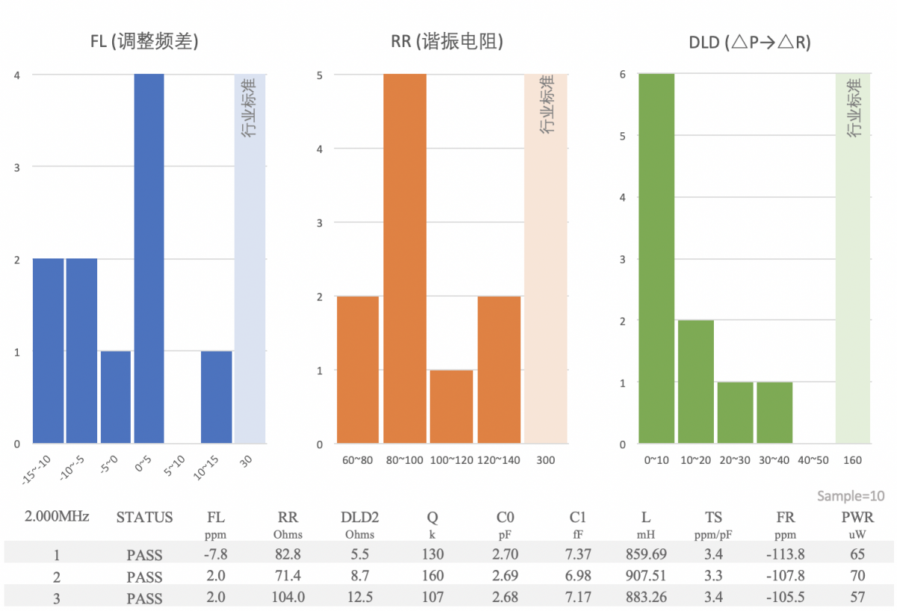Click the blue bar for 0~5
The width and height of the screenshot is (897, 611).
[x=149, y=258]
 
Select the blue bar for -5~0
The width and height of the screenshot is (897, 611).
[x=116, y=397]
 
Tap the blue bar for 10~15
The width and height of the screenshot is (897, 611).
[x=216, y=397]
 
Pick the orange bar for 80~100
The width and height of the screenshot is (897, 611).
[x=404, y=258]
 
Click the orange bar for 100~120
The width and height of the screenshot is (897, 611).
[x=451, y=406]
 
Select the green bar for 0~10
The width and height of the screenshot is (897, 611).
[x=656, y=258]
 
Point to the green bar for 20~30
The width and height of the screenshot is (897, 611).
[x=735, y=413]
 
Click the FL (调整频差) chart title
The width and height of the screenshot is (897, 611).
[x=144, y=42]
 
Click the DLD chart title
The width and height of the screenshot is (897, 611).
[x=750, y=43]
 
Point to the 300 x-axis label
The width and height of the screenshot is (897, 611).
[x=546, y=460]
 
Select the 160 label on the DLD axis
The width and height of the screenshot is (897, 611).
[x=852, y=460]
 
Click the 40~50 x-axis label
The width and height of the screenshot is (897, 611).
[x=813, y=460]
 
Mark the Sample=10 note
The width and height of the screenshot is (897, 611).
[x=851, y=496]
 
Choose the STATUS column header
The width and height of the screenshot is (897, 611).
[x=144, y=517]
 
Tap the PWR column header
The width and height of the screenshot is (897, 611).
[x=857, y=517]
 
